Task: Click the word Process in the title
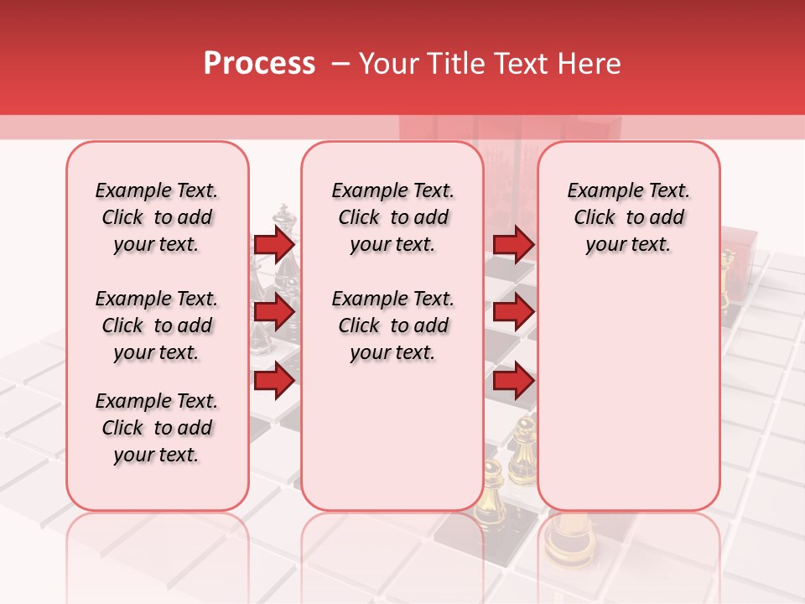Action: [x=259, y=64]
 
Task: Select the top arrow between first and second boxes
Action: [x=274, y=245]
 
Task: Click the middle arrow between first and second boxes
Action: [x=274, y=313]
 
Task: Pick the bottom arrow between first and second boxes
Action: [x=274, y=381]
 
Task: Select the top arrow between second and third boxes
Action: [x=513, y=245]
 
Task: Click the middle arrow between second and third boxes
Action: [x=513, y=313]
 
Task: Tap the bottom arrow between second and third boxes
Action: [x=513, y=382]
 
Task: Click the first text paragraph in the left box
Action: [x=157, y=217]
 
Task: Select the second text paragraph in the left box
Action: [x=157, y=325]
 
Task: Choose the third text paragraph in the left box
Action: [x=157, y=428]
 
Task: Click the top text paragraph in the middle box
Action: [x=392, y=217]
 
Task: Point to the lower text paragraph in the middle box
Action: [x=392, y=325]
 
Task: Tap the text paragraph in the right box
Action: [x=629, y=217]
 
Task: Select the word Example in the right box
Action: [x=599, y=190]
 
